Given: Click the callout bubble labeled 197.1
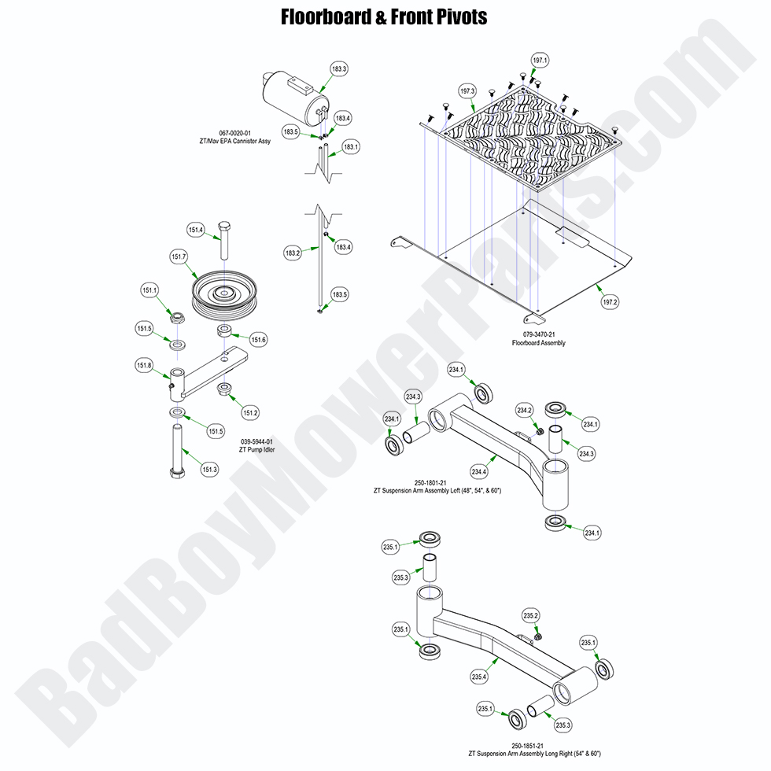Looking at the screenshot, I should point(540,61).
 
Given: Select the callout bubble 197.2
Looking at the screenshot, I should point(611,301).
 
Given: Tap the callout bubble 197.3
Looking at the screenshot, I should point(467,90).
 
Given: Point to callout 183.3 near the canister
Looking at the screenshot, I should point(339,69).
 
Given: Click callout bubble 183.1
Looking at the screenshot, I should point(351,146).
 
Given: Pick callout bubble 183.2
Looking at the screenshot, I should point(293,253).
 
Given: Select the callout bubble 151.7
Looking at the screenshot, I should point(179,256).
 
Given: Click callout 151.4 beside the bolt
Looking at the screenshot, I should point(196,230).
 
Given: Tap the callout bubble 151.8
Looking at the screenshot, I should point(144,365).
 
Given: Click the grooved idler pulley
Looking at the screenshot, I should point(225,296).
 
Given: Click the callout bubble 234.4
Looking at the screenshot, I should point(479,471).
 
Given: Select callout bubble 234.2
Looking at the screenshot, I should point(525,410).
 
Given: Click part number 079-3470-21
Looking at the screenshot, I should point(539,334).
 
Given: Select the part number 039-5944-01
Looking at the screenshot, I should point(257,441).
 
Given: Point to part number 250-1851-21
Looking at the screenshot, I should point(528,745).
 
